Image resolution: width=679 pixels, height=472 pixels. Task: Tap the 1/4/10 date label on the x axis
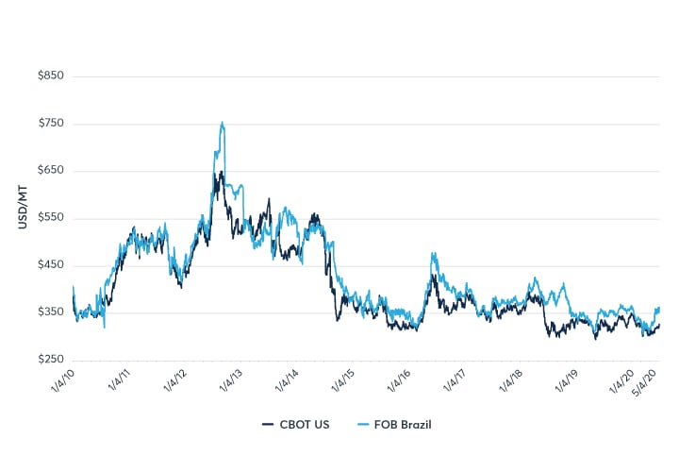point(61,381)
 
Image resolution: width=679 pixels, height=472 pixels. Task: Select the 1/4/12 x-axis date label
point(173,381)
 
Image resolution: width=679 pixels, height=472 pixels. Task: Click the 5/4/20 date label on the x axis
point(646,381)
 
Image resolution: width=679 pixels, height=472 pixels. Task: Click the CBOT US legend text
point(304,424)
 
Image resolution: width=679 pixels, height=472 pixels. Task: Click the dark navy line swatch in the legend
point(268,424)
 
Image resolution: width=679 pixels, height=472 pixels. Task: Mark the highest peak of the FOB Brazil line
point(222,123)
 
